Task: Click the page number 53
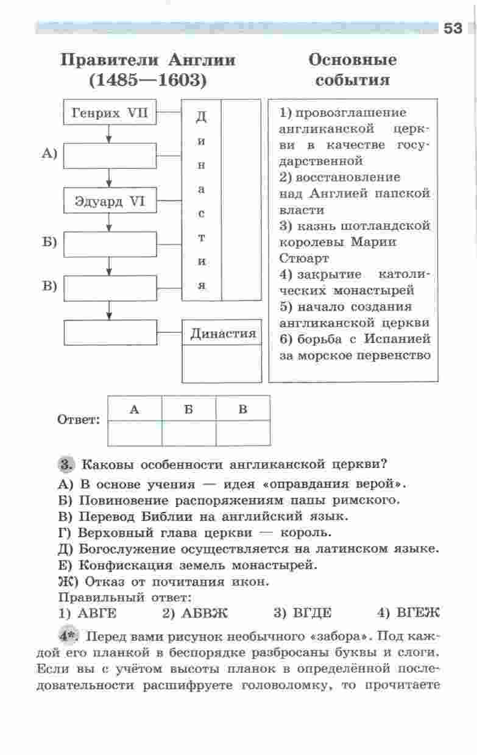(x=453, y=28)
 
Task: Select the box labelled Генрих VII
(x=110, y=113)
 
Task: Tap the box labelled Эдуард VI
(x=110, y=201)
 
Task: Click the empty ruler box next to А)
(x=110, y=155)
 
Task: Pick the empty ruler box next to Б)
(x=110, y=244)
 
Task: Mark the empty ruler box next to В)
(x=110, y=288)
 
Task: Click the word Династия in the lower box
(x=223, y=334)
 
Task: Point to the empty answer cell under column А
(x=135, y=433)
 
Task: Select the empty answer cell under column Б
(x=189, y=433)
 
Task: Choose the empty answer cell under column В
(x=243, y=433)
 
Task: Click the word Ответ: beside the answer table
(x=78, y=420)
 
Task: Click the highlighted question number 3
(x=66, y=463)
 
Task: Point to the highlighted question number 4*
(x=69, y=636)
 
